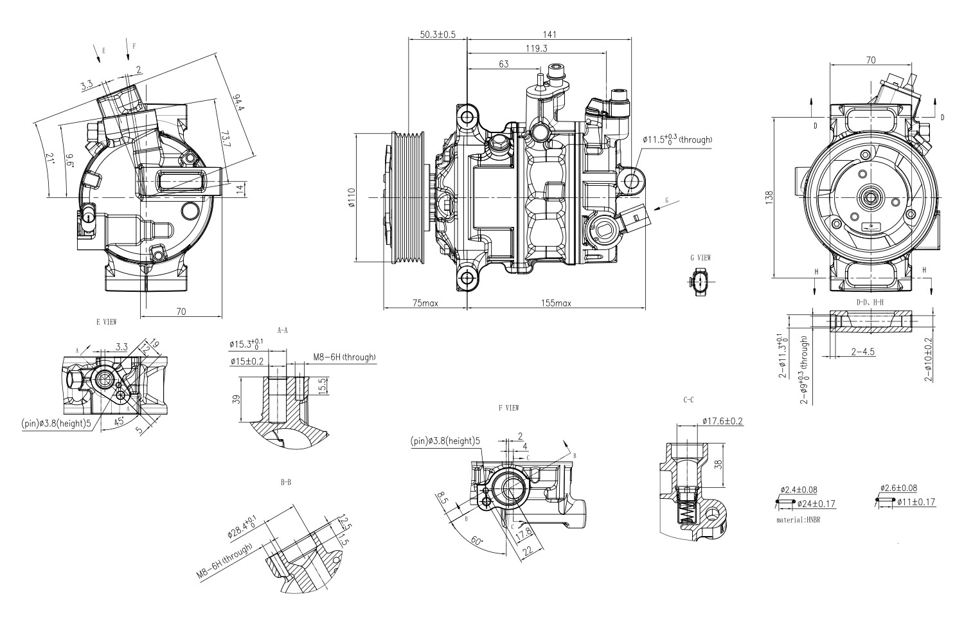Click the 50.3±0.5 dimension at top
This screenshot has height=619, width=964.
pyautogui.click(x=438, y=35)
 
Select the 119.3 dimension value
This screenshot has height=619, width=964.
pyautogui.click(x=536, y=48)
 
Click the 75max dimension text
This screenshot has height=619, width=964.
pyautogui.click(x=425, y=303)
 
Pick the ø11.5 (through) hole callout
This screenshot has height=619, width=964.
pyautogui.click(x=677, y=139)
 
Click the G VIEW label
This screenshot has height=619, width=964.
pyautogui.click(x=701, y=258)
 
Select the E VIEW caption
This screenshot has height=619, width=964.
pyautogui.click(x=106, y=320)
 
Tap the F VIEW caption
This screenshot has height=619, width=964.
pyautogui.click(x=508, y=408)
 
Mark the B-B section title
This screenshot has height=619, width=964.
pyautogui.click(x=286, y=481)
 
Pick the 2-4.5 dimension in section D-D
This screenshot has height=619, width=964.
pyautogui.click(x=862, y=352)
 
